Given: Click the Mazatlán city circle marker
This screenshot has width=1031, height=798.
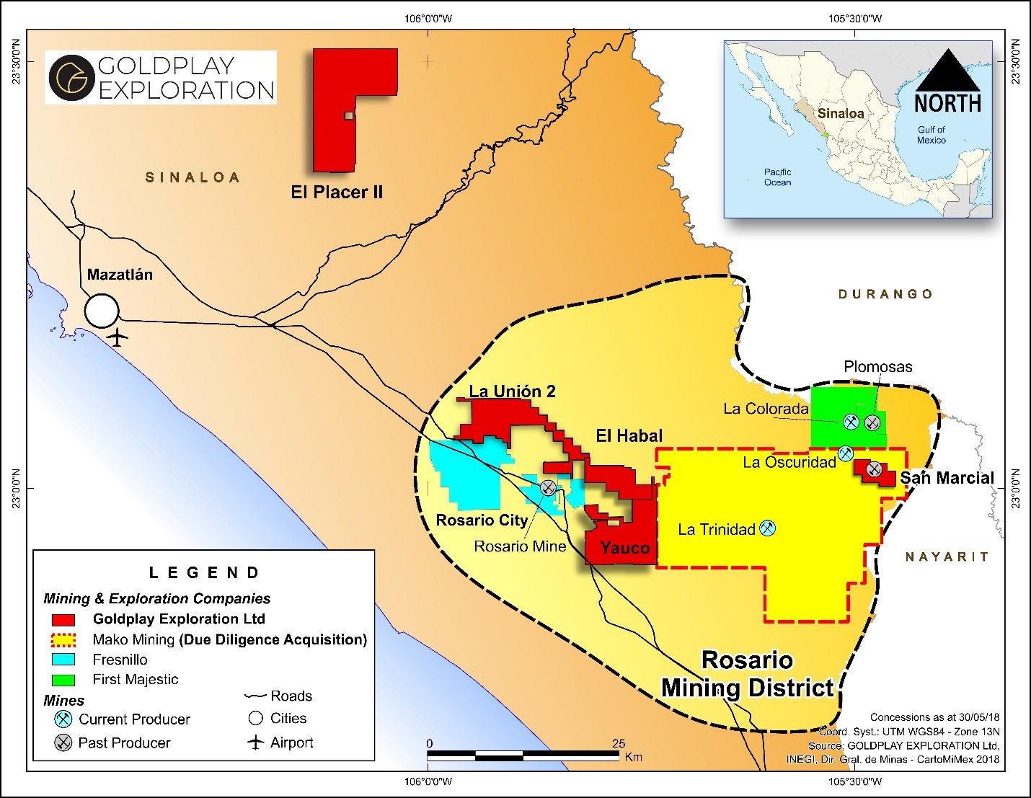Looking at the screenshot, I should [102, 311].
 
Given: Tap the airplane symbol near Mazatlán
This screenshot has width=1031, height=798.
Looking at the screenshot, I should [117, 337].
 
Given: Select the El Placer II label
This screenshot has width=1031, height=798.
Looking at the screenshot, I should [337, 192].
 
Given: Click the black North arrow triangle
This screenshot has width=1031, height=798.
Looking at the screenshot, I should [947, 71].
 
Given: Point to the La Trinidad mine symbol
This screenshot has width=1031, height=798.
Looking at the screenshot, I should [768, 528].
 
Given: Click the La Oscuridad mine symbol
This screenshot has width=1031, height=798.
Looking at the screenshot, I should [846, 453].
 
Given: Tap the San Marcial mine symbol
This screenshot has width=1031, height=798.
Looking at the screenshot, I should [874, 469].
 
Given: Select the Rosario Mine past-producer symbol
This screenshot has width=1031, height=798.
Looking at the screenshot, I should [548, 487].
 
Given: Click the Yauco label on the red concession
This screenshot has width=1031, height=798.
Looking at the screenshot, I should [624, 548].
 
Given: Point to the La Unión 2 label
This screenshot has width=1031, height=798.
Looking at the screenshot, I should [512, 391].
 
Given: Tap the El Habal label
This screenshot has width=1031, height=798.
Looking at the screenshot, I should [629, 435].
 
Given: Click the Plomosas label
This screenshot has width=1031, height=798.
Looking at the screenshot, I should [877, 367].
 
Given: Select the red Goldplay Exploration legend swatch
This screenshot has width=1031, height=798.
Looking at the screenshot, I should [63, 620].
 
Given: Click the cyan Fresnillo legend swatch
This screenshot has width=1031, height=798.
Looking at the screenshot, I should [63, 660].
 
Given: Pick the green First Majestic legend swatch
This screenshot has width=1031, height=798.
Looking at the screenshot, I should [63, 680].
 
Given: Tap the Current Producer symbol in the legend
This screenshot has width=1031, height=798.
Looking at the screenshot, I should [63, 719].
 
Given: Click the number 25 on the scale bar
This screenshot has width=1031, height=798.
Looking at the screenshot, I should [619, 743].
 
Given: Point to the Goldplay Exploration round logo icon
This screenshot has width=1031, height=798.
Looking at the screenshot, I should [71, 77].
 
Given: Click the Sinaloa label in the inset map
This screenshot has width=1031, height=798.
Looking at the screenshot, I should [840, 113].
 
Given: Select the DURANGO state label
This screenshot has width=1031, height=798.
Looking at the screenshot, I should [885, 294].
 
